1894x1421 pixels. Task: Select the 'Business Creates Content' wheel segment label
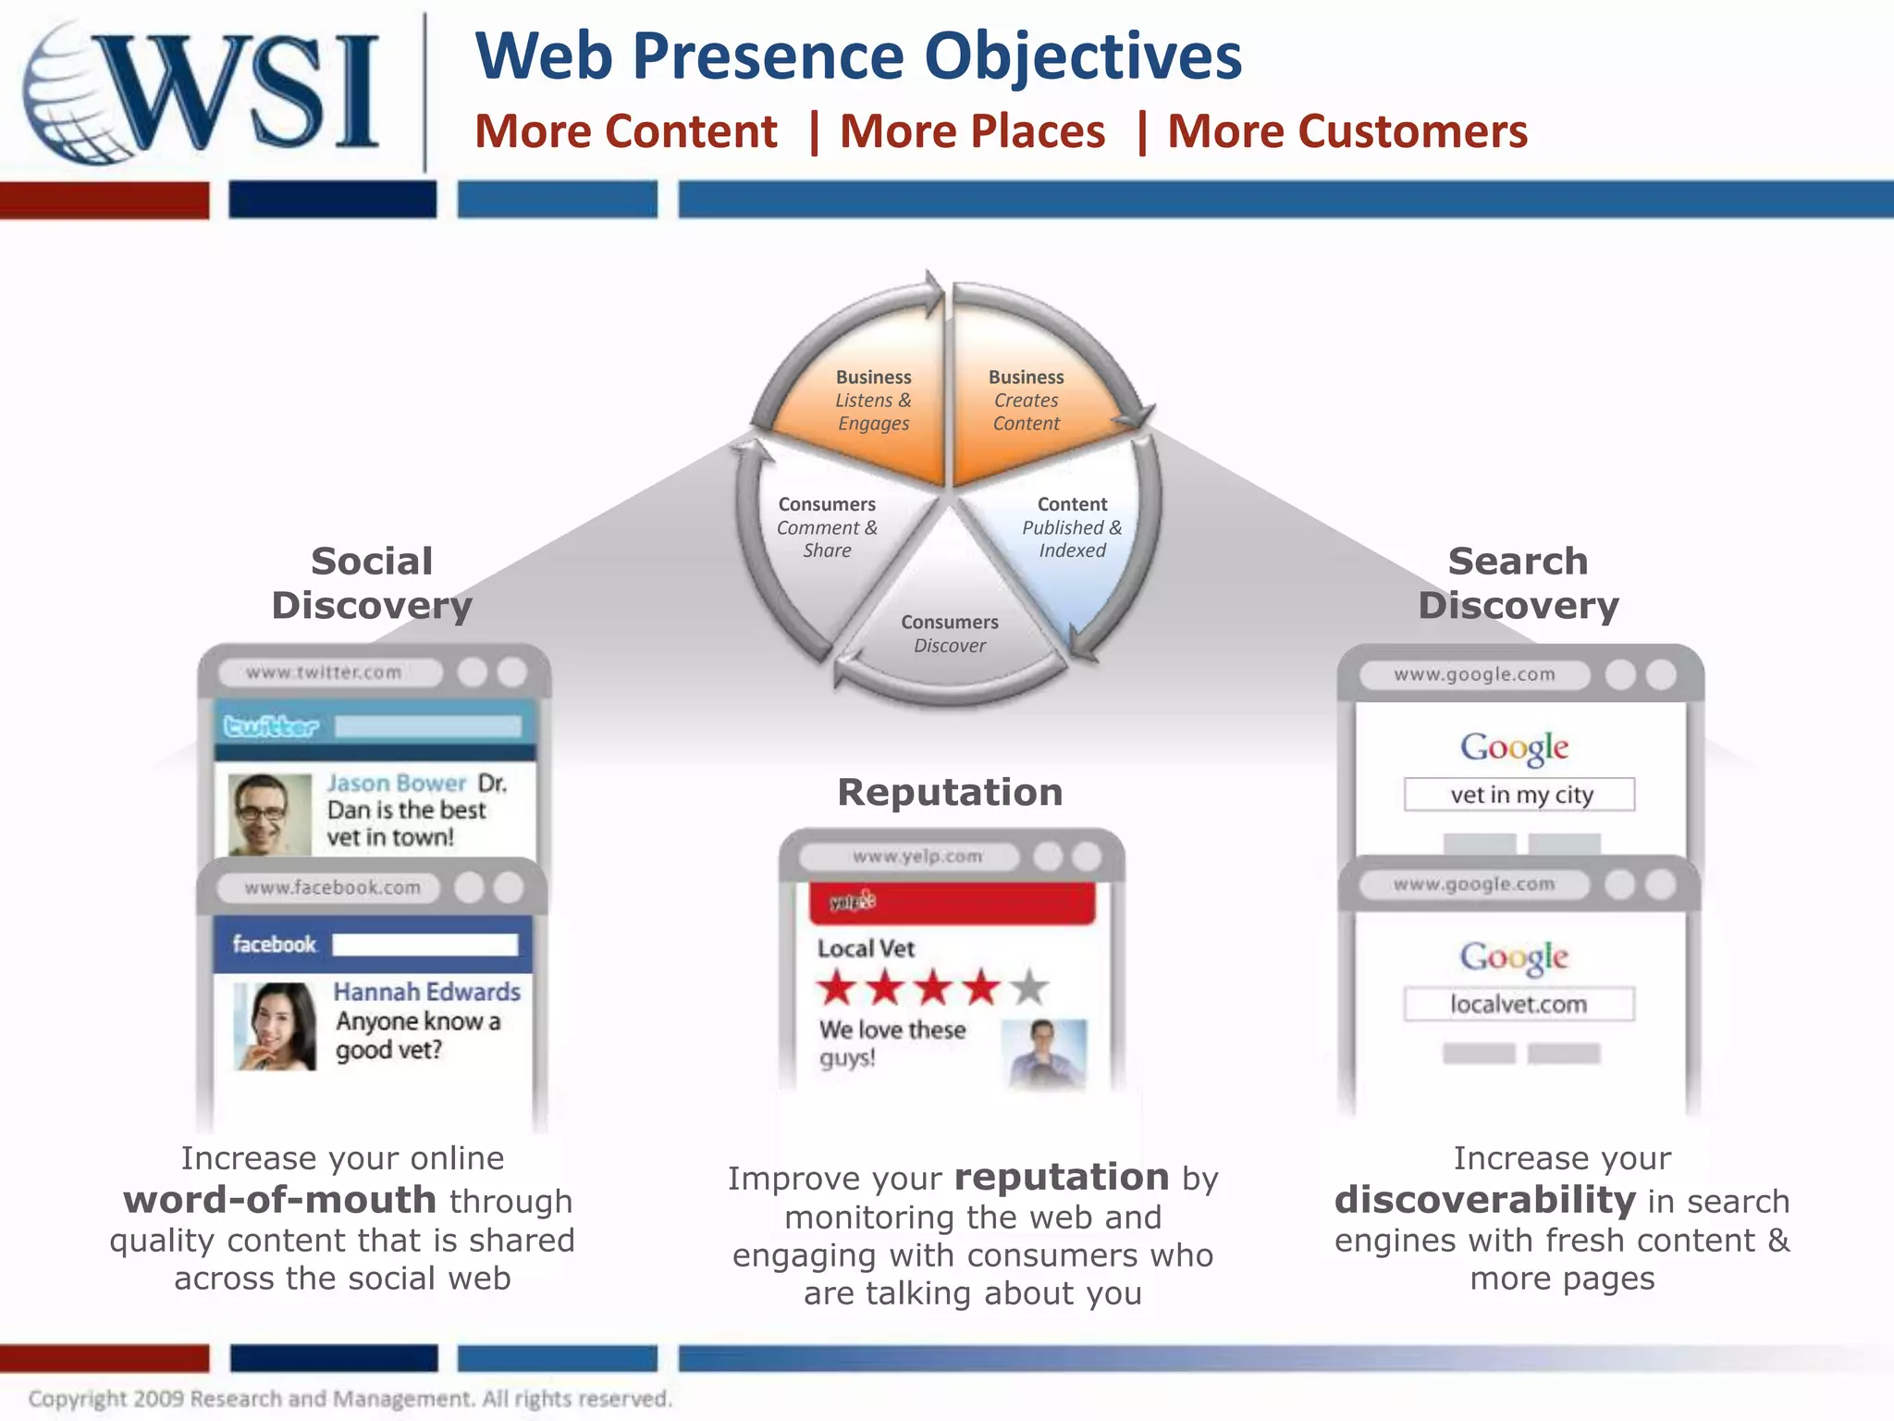pyautogui.click(x=1027, y=401)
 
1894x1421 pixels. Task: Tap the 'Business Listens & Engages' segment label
pyautogui.click(x=873, y=401)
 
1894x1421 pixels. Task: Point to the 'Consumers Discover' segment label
pyautogui.click(x=950, y=634)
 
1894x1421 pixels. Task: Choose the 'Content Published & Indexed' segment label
pyautogui.click(x=1072, y=527)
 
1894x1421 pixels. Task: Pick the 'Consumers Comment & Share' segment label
pyautogui.click(x=827, y=527)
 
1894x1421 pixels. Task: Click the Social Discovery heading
pyautogui.click(x=372, y=583)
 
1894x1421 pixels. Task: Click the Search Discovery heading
pyautogui.click(x=1519, y=583)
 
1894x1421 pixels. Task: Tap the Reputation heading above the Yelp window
pyautogui.click(x=950, y=793)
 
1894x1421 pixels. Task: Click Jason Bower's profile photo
pyautogui.click(x=269, y=814)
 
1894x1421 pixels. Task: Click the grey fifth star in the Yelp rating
pyautogui.click(x=1029, y=988)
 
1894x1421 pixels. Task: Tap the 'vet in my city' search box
pyautogui.click(x=1519, y=795)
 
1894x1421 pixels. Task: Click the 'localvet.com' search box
pyautogui.click(x=1519, y=1005)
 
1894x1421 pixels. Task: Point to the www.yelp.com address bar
pyautogui.click(x=910, y=857)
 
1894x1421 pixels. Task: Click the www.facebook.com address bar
pyautogui.click(x=330, y=888)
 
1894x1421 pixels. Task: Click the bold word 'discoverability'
pyautogui.click(x=1485, y=1201)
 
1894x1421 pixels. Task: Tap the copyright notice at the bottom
pyautogui.click(x=350, y=1399)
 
